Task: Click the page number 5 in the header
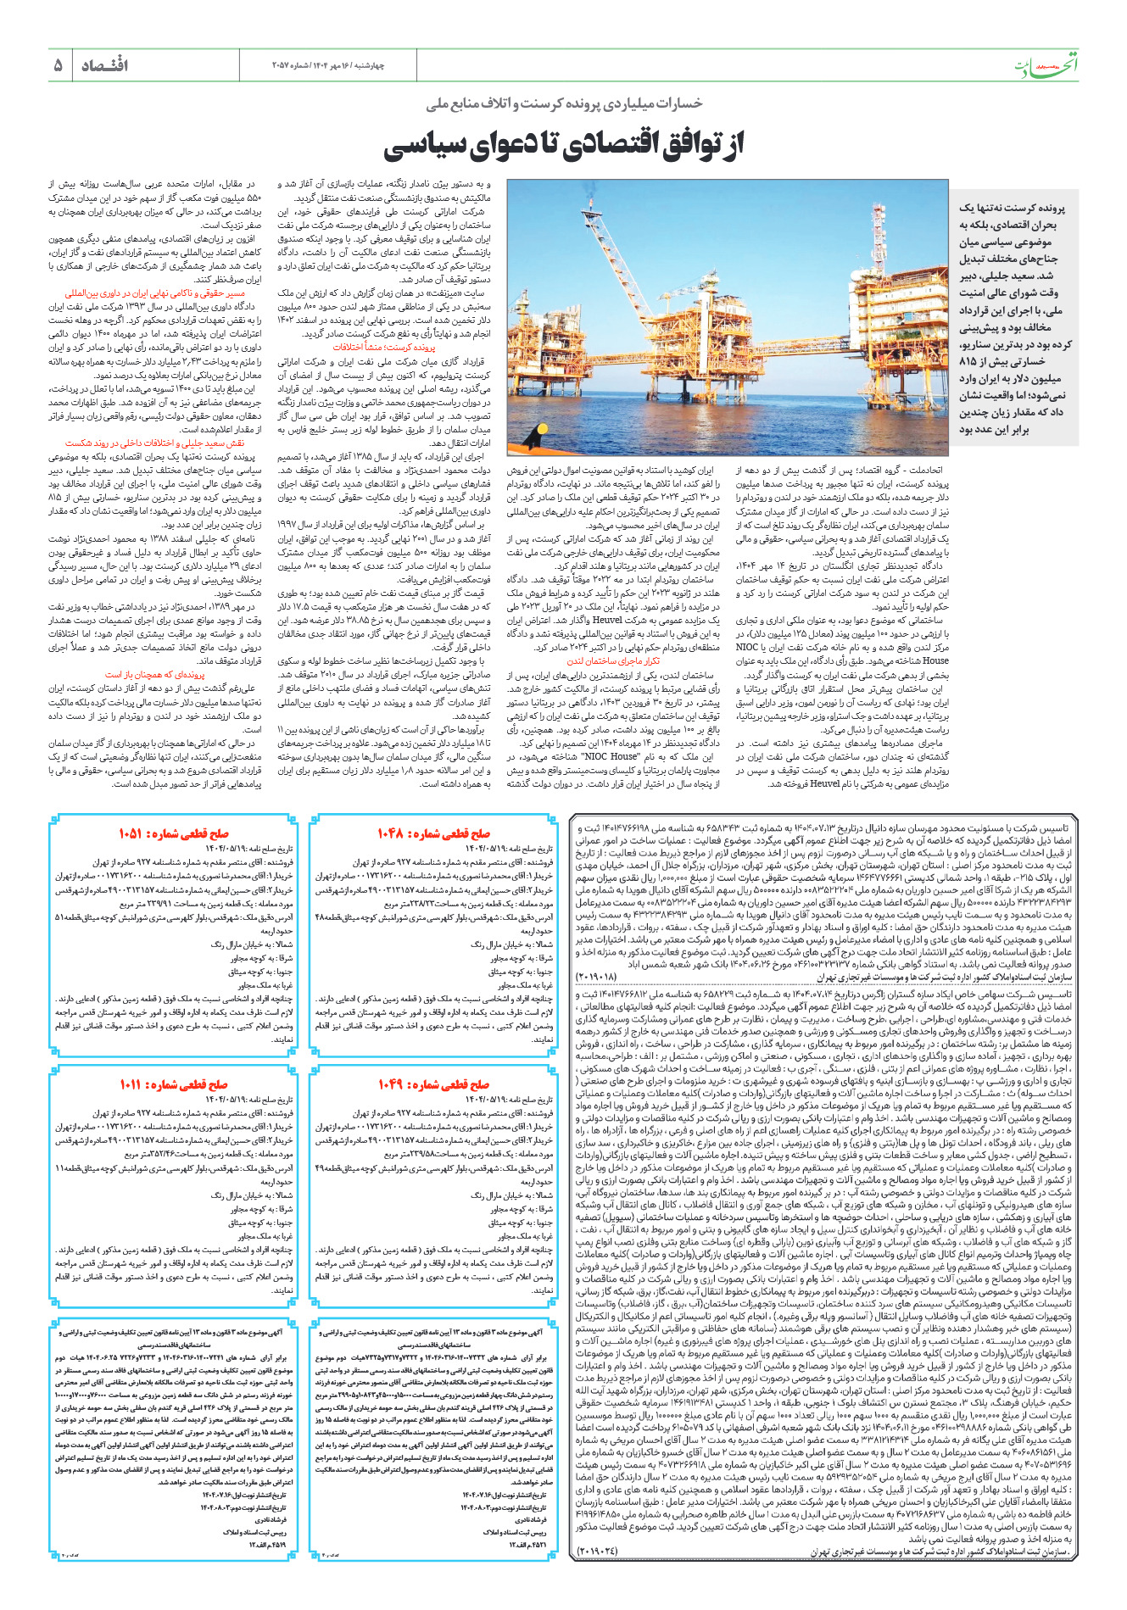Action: [x=58, y=65]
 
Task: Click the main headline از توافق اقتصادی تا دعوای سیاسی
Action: [x=563, y=144]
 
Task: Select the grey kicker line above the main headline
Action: [x=564, y=103]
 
